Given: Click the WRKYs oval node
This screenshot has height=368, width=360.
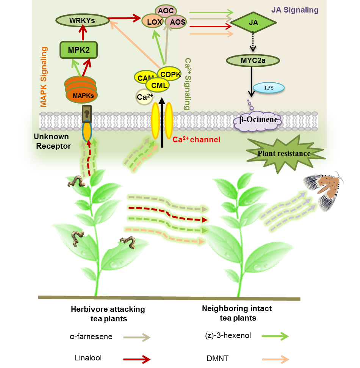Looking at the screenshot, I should coord(82,20).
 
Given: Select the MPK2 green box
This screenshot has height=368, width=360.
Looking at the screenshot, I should coord(79,50).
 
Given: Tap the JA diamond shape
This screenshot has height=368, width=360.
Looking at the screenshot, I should coord(254,23).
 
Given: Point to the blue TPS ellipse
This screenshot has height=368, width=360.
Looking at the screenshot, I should coord(268,88).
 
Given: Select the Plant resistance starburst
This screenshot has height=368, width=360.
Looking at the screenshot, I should coord(284,154).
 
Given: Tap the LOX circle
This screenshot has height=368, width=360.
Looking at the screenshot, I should coord(154,22).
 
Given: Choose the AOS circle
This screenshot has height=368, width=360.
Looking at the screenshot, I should coord(177,22).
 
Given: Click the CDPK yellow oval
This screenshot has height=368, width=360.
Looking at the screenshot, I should coord(171,74).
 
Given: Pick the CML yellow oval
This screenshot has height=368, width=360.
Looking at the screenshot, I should coord(157,85).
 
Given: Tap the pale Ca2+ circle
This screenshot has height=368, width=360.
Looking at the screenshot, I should coord(145,97).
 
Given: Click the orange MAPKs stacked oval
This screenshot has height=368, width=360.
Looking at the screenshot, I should coord(81,94).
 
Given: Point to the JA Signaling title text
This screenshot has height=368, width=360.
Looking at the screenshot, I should coord(294,9).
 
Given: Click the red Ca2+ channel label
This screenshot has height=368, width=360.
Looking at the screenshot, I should coord(196,140).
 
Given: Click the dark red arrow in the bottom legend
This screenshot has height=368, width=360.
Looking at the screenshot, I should coord(137,359).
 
